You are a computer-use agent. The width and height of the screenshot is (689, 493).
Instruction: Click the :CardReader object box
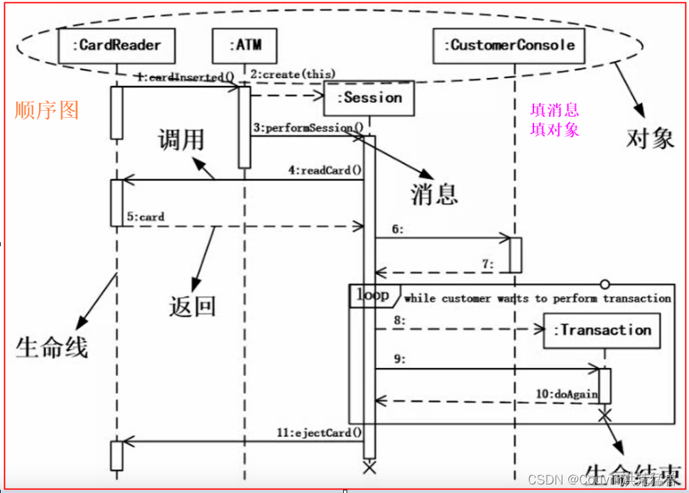coord(117,45)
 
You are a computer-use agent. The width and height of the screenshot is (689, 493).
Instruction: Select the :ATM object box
coord(245,45)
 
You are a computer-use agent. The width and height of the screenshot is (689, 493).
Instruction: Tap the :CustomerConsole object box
coord(509,45)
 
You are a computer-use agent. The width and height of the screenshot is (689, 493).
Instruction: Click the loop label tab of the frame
coord(372,295)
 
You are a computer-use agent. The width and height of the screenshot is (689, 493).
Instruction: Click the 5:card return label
coord(146,217)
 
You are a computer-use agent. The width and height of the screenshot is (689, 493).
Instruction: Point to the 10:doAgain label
coord(577,394)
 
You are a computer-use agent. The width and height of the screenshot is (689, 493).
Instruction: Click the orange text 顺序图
coord(47,110)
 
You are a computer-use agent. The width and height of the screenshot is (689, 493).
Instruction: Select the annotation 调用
coord(180,139)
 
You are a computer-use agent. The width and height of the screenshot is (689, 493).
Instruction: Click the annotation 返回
coord(192,306)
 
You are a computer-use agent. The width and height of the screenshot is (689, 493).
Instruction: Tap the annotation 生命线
coord(51,347)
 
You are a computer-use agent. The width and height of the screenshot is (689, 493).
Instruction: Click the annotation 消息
coord(434,193)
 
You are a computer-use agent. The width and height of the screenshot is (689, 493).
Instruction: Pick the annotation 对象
coord(650,138)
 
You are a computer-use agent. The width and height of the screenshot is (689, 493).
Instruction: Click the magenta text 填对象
coord(555,129)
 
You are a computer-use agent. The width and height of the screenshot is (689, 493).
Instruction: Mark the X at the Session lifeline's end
coord(369,467)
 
